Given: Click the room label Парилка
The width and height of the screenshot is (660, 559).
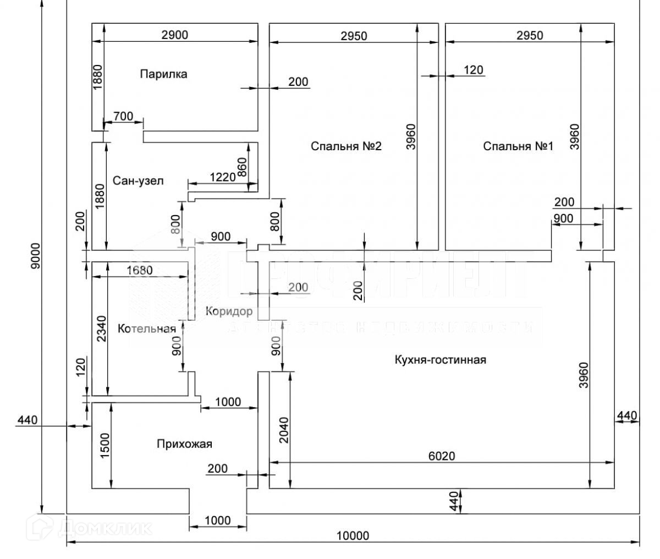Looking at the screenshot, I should pyautogui.click(x=163, y=74).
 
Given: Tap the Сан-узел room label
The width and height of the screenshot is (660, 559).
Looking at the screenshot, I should pyautogui.click(x=138, y=180).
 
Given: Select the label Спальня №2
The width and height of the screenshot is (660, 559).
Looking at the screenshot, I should pyautogui.click(x=346, y=146).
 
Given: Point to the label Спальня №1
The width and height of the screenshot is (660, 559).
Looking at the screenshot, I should pyautogui.click(x=518, y=146).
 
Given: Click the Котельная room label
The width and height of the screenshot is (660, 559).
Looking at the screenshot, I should pyautogui.click(x=147, y=329).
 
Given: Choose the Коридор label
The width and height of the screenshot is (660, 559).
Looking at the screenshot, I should pyautogui.click(x=229, y=311).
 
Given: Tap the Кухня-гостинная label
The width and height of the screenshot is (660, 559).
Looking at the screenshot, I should pyautogui.click(x=440, y=360).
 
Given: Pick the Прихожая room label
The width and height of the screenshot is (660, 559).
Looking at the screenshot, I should pyautogui.click(x=184, y=444).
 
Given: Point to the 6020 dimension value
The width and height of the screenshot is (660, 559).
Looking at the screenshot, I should pyautogui.click(x=442, y=456).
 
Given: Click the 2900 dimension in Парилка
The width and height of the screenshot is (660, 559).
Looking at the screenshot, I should pyautogui.click(x=175, y=35).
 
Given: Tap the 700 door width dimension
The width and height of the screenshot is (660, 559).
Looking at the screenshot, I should pyautogui.click(x=123, y=116).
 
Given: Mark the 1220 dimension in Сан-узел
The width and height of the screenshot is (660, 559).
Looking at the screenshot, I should pyautogui.click(x=222, y=177).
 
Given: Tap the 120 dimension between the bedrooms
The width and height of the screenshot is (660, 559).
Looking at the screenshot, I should pyautogui.click(x=474, y=70).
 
